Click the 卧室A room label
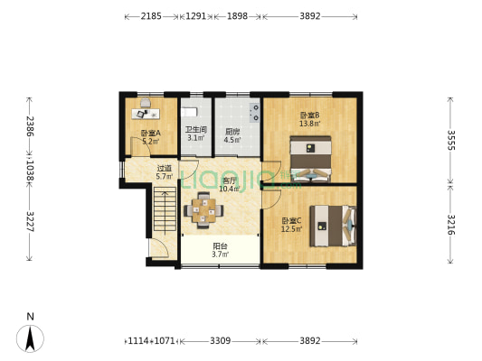point(149,135)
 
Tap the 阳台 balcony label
point(220,248)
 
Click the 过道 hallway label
point(164,170)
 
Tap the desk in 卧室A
point(144,112)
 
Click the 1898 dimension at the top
point(238,16)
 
